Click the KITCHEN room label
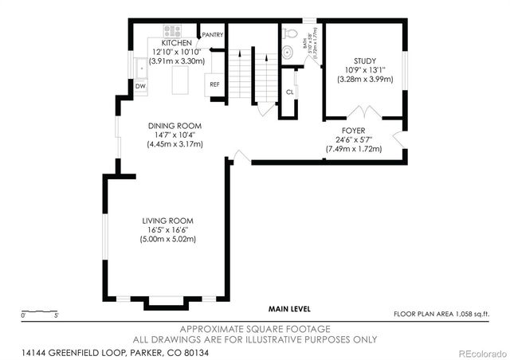[x=176, y=43]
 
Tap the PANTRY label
[x=213, y=35]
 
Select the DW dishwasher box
[x=140, y=85]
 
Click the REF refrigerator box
[x=214, y=84]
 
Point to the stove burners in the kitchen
[x=174, y=32]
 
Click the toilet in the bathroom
[x=291, y=34]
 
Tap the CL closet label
[x=289, y=92]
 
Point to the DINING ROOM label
[x=175, y=126]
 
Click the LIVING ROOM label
[x=168, y=221]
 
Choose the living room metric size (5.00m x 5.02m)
[x=168, y=239]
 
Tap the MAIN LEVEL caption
[x=289, y=309]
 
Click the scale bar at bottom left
[x=39, y=311]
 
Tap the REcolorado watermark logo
[x=475, y=353]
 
